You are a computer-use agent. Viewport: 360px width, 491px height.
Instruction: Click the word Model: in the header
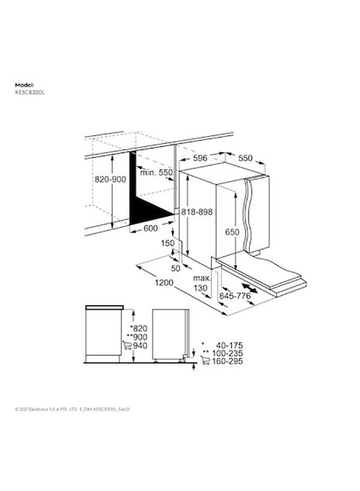point(25,86)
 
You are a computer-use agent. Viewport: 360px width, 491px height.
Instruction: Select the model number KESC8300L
point(28,93)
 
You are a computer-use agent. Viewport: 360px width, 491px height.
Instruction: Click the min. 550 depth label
point(156,172)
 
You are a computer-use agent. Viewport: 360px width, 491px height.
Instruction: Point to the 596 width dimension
point(201,159)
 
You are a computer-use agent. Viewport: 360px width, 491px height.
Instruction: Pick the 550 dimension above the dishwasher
point(245,158)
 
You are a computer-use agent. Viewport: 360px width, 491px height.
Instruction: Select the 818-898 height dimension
point(197,212)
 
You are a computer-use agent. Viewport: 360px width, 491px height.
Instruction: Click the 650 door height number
point(232,232)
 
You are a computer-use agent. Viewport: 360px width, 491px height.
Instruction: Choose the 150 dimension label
point(167,243)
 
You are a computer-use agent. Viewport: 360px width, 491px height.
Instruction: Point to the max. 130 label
point(201,284)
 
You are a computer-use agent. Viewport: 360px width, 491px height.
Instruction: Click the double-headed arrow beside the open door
point(251,288)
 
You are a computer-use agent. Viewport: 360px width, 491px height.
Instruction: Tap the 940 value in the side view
point(141,346)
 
